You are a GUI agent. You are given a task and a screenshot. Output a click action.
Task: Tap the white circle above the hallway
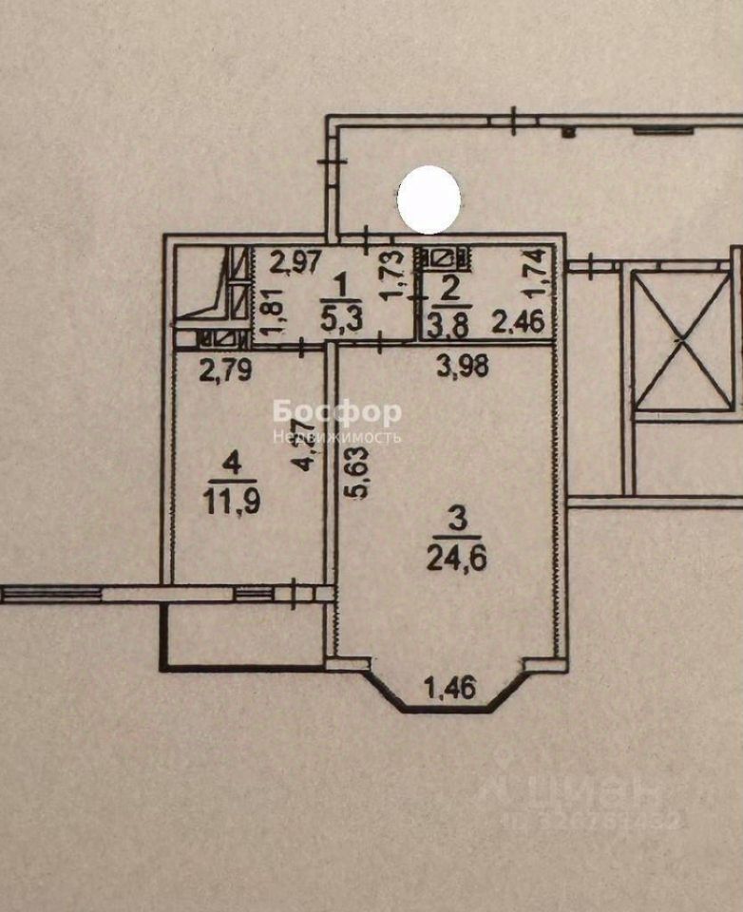tap(429, 199)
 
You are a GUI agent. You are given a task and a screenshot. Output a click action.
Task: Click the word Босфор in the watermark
tap(337, 412)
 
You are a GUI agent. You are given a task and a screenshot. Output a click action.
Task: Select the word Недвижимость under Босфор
tap(337, 438)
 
